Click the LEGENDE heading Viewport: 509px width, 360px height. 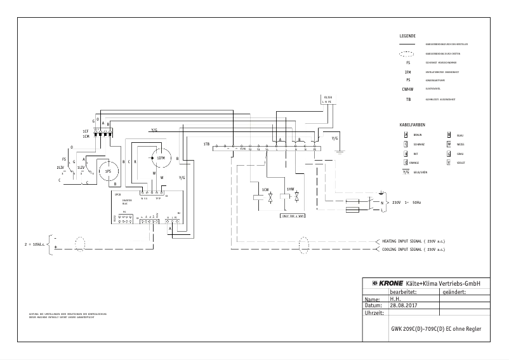407,36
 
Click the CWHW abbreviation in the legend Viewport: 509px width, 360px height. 408,90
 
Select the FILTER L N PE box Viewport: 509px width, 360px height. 327,100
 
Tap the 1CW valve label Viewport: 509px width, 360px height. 265,189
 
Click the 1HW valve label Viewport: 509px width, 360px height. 290,189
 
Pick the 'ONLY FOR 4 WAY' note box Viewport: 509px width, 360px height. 293,216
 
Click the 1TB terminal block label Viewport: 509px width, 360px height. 207,145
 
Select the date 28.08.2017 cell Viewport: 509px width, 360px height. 404,305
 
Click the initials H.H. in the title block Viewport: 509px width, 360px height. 395,298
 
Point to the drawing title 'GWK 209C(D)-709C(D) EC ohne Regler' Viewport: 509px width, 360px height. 435,331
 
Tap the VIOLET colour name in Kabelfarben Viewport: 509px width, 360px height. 460,163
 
